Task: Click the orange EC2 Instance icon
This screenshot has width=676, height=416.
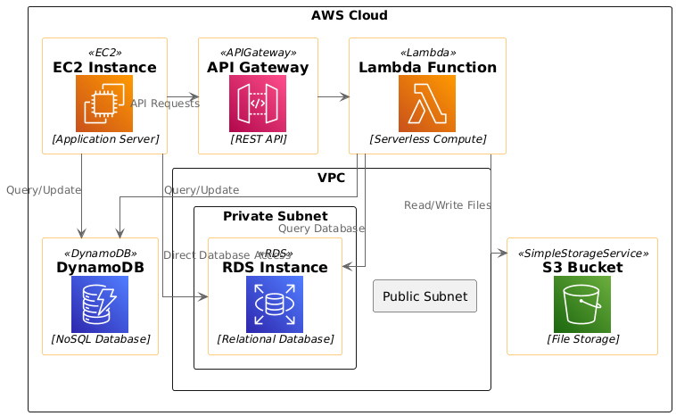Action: tap(104, 104)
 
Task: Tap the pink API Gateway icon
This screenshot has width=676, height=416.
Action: tap(257, 104)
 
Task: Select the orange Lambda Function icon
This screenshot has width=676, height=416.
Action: tap(427, 104)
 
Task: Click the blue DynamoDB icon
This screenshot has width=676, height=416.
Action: tap(100, 304)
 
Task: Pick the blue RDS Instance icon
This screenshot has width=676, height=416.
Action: tap(275, 304)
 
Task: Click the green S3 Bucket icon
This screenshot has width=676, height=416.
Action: tap(582, 304)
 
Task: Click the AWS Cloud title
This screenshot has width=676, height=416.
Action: tap(350, 15)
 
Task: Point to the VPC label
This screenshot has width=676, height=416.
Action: tap(332, 179)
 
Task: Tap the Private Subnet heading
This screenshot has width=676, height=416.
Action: tap(275, 216)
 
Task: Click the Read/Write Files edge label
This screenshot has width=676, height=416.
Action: tap(448, 205)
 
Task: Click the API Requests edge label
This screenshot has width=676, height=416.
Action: tap(165, 104)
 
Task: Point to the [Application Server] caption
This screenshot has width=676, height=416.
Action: tap(105, 139)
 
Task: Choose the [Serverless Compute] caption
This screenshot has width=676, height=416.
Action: tap(427, 139)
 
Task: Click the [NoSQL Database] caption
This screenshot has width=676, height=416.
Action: tap(100, 339)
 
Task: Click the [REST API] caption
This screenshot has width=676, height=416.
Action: tap(257, 139)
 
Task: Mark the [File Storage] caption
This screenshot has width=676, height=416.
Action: tap(582, 339)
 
